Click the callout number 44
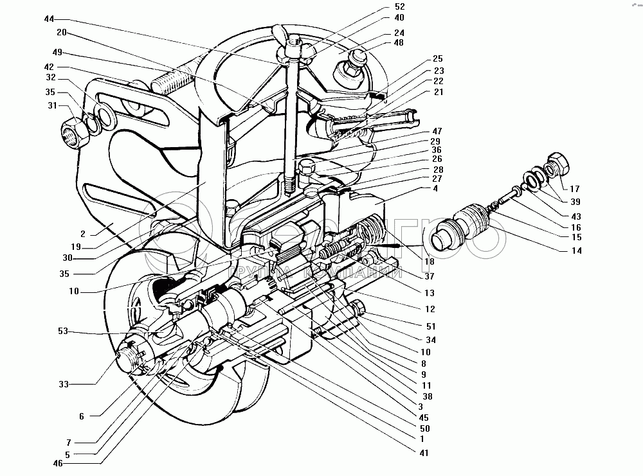tap(50, 19)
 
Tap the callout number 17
tap(574, 189)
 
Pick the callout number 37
tap(428, 277)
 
